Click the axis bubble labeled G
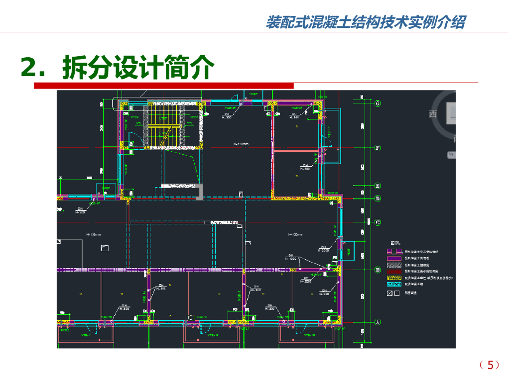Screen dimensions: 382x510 (x=378, y=103)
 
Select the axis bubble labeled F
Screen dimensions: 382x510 (x=378, y=148)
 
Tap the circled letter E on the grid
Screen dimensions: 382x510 (x=378, y=186)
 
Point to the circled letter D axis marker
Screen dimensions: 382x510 (x=378, y=198)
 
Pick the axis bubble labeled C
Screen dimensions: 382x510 (x=378, y=222)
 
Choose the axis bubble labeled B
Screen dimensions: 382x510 (x=378, y=270)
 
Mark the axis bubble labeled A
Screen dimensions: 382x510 (x=378, y=322)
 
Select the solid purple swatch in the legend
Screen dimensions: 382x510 (x=394, y=259)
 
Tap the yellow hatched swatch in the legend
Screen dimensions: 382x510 (x=394, y=278)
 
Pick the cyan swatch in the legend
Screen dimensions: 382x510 (x=394, y=285)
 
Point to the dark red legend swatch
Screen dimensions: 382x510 (x=394, y=272)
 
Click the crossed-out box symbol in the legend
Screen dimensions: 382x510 (x=389, y=293)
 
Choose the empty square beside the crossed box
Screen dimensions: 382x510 (x=397, y=293)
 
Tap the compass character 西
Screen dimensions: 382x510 (x=433, y=114)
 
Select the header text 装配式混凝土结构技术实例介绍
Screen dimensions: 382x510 (x=366, y=22)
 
